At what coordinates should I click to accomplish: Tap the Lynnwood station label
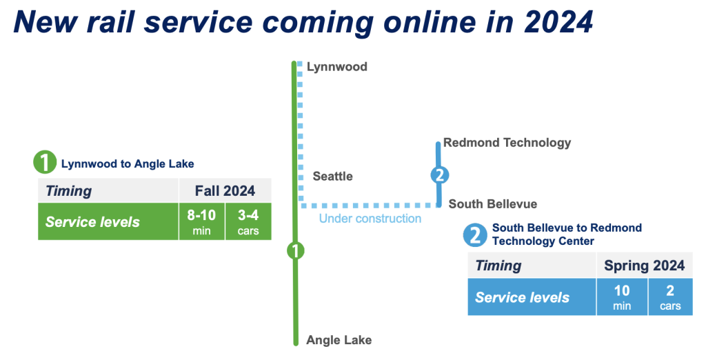click(x=336, y=67)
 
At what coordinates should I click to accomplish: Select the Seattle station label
click(x=333, y=176)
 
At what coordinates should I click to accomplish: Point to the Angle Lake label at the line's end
click(x=339, y=340)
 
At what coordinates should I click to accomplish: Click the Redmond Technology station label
click(x=507, y=143)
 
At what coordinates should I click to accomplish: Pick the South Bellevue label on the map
click(x=492, y=204)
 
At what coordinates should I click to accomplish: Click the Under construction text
click(x=370, y=219)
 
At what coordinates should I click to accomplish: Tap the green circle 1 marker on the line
click(x=295, y=251)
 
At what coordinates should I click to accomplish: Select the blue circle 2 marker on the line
click(x=439, y=174)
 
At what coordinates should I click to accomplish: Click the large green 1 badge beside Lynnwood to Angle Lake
click(x=45, y=162)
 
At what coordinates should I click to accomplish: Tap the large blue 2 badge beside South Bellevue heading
click(x=475, y=235)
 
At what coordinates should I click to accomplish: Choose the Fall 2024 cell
click(x=225, y=190)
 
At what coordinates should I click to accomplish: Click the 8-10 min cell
click(x=202, y=221)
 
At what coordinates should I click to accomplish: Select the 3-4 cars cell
click(x=248, y=221)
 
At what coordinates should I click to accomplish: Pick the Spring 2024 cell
click(x=645, y=266)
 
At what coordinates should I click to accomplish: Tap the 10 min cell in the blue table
click(x=622, y=297)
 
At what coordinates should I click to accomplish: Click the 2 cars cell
click(x=670, y=297)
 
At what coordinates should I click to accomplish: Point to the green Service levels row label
click(x=92, y=221)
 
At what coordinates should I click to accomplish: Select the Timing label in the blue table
click(x=498, y=266)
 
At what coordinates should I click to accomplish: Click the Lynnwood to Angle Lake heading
click(x=128, y=163)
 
